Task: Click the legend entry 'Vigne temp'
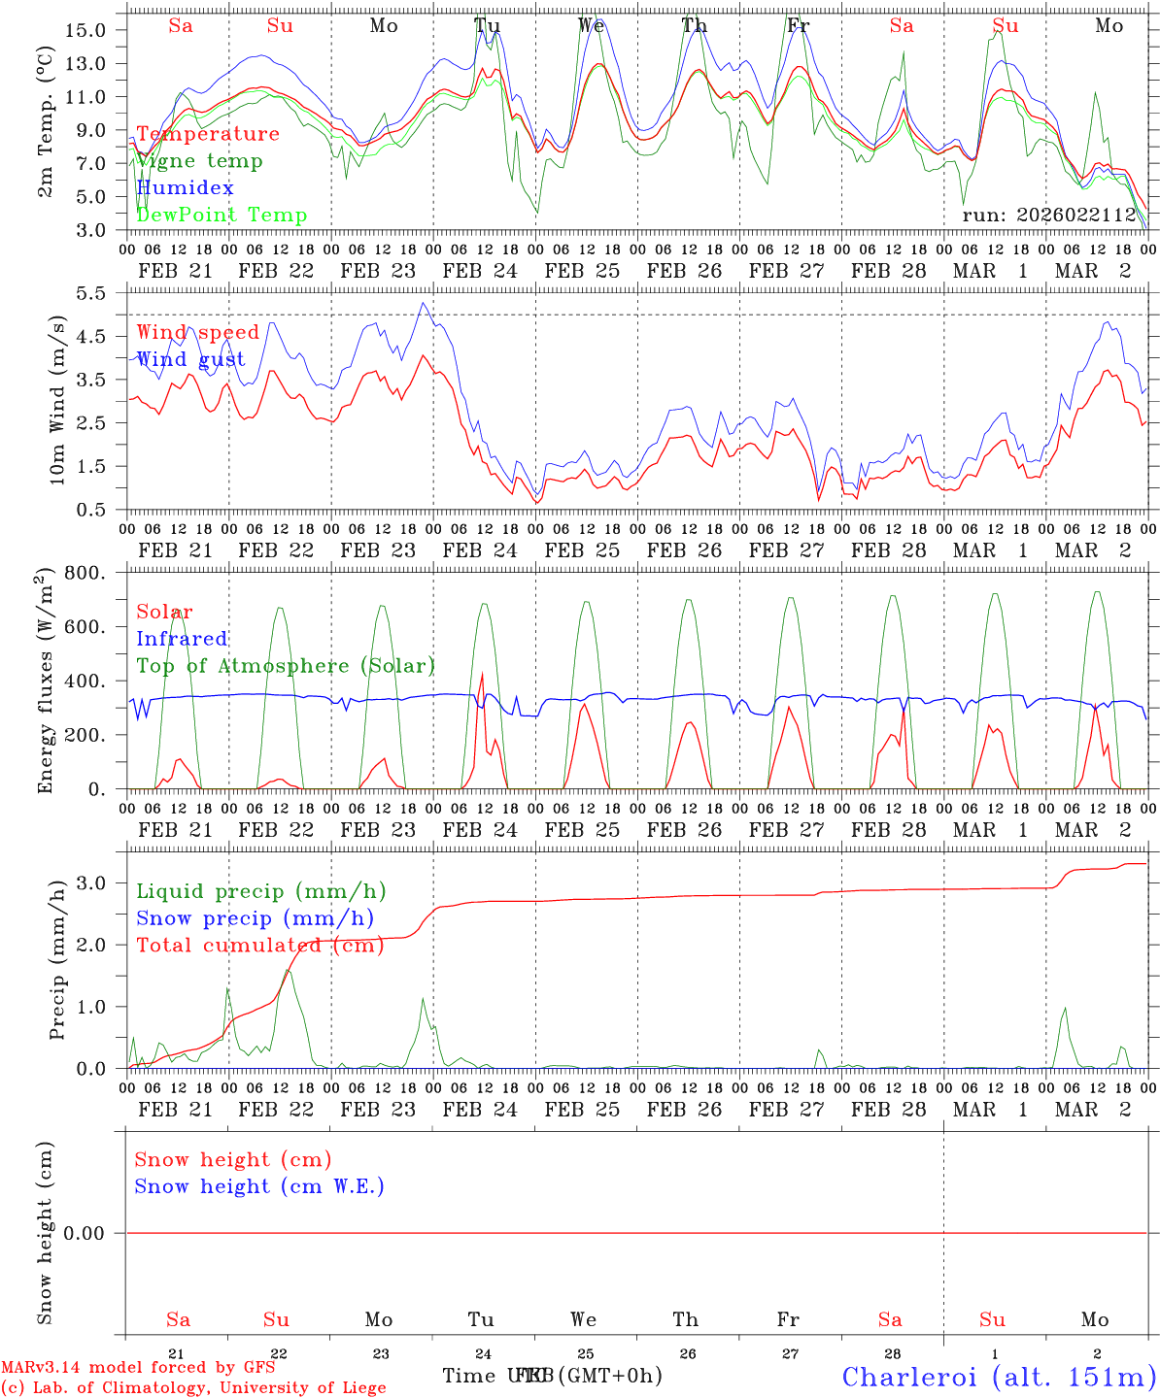click(x=199, y=161)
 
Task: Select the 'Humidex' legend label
click(x=185, y=188)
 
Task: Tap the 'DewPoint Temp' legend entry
click(x=222, y=216)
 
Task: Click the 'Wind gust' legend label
click(x=190, y=359)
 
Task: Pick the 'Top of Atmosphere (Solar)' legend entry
click(x=286, y=666)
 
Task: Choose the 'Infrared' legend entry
click(x=182, y=639)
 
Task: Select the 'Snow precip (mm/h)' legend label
click(x=255, y=918)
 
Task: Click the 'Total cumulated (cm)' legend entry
click(x=260, y=946)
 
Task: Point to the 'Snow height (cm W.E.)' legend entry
click(x=259, y=1186)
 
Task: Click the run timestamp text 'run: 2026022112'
click(x=1049, y=216)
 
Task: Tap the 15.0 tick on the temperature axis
click(x=86, y=30)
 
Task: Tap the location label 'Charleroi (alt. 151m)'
click(x=999, y=1377)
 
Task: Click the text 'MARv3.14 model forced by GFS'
click(x=138, y=1368)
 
